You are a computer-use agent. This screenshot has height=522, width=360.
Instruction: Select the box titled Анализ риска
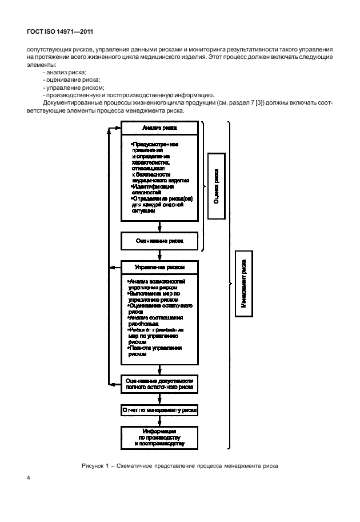[159, 129]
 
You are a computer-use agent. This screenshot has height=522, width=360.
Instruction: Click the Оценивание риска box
[159, 241]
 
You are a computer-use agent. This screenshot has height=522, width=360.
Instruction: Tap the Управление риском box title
[159, 267]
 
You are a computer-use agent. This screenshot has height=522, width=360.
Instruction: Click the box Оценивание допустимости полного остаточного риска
[159, 384]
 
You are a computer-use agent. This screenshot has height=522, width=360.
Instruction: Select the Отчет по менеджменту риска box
[159, 411]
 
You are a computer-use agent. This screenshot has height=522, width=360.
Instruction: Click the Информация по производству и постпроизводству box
[159, 437]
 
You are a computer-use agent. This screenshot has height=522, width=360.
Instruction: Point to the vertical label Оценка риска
[215, 186]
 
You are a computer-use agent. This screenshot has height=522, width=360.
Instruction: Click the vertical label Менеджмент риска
[243, 284]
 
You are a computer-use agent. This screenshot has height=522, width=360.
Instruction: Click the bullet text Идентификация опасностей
[153, 190]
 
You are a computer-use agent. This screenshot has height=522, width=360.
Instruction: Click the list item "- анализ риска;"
[65, 72]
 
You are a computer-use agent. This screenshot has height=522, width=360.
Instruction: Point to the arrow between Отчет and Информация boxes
[159, 421]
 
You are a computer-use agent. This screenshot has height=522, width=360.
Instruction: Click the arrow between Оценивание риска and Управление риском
[159, 255]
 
